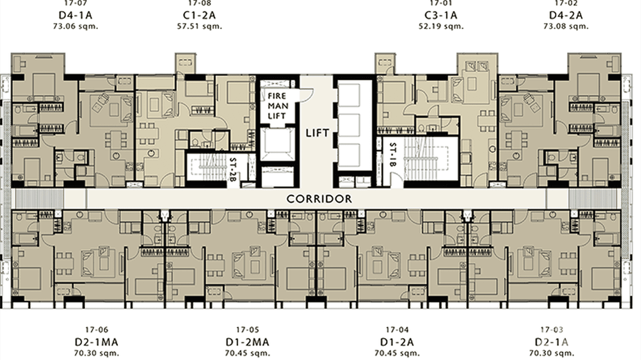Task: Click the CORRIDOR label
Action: click(x=319, y=199)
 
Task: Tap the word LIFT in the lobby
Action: click(x=318, y=133)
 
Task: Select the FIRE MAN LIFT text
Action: click(x=277, y=106)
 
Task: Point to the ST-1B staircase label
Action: click(x=393, y=155)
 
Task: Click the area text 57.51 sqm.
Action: click(x=200, y=26)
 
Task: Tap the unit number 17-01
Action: click(x=440, y=3)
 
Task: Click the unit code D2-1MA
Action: click(x=96, y=342)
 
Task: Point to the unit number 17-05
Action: click(x=247, y=330)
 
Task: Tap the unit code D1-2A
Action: click(x=397, y=342)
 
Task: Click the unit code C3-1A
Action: click(x=440, y=15)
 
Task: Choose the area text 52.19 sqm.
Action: click(x=440, y=26)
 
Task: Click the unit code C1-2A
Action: click(x=200, y=15)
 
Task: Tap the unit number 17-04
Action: click(x=397, y=330)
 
